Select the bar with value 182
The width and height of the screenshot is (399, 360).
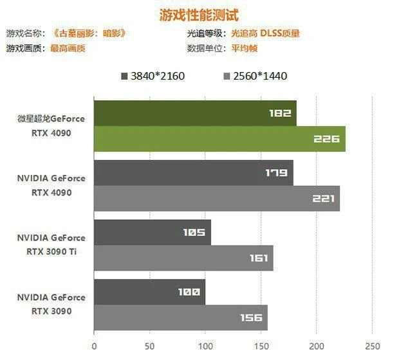pos(195,113)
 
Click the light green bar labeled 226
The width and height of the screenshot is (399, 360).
pos(219,139)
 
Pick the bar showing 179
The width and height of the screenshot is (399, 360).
pos(194,172)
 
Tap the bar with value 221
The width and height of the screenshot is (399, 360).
pos(217,198)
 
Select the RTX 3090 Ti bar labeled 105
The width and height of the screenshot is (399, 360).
pos(153,232)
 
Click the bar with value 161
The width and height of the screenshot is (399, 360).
pos(183,258)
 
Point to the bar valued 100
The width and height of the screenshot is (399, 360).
pos(150,292)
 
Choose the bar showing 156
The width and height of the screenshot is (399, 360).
pos(181,318)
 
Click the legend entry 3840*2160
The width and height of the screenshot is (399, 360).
pos(153,76)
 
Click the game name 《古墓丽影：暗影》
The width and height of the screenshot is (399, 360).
pos(89,33)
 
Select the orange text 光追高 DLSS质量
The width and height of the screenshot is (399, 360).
pos(265,33)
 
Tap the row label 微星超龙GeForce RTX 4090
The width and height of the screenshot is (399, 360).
pos(51,125)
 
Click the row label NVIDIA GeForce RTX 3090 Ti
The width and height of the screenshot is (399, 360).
pos(51,244)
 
